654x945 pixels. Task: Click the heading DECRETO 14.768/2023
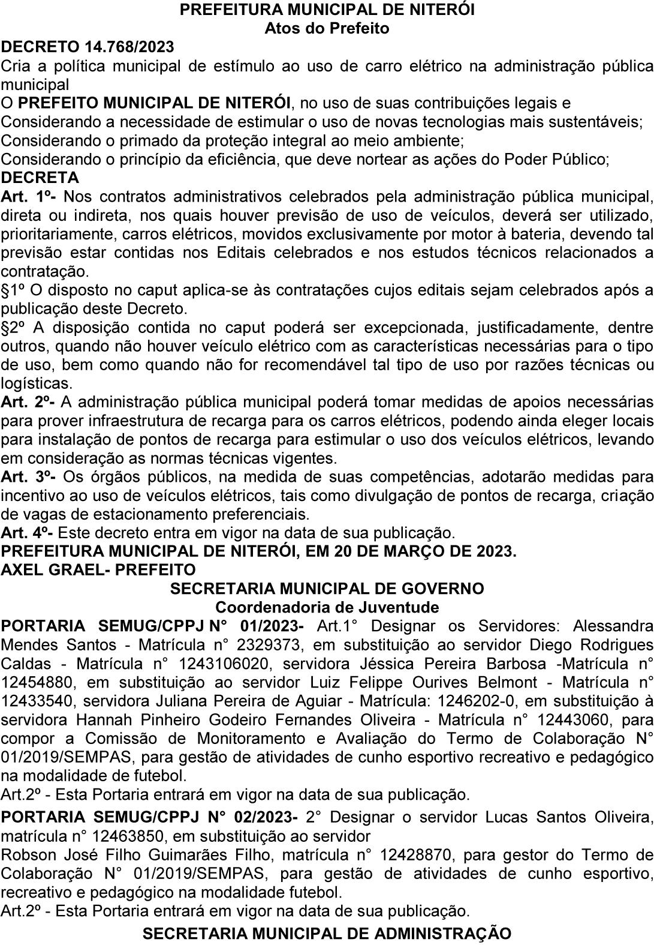tap(88, 47)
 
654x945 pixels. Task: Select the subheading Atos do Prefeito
tap(327, 28)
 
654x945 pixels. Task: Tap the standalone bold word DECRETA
tap(40, 178)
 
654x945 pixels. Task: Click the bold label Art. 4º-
tap(29, 532)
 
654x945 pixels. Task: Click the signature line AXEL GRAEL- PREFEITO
tap(98, 569)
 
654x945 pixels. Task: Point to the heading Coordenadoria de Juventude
tap(327, 607)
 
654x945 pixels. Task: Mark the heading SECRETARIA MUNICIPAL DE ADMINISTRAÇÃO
tap(327, 934)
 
